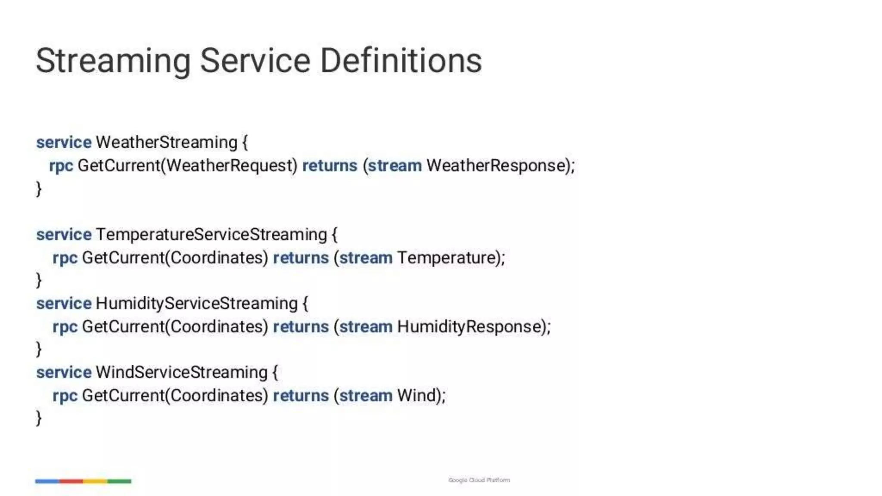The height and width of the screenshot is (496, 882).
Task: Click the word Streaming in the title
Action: pos(113,61)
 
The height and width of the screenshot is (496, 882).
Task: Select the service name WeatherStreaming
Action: pos(166,143)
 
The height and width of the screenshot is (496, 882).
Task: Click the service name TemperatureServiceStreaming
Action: pos(211,235)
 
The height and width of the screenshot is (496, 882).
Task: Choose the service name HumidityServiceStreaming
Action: pos(196,304)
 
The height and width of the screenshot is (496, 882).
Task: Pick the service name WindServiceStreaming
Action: pos(181,372)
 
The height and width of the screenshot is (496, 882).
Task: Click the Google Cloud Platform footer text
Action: pos(479,480)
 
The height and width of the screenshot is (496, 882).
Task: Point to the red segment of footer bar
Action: pos(71,481)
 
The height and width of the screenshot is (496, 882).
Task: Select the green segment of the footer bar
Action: pos(119,481)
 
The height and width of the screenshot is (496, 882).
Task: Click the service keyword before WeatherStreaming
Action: pos(64,143)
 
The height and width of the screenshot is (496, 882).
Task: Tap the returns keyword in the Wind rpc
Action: pos(301,396)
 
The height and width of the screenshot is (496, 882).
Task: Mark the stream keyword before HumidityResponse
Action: pos(366,327)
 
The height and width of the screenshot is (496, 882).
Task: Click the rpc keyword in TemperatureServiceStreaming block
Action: pos(65,258)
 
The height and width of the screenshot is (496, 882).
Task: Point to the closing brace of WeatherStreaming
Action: pos(39,189)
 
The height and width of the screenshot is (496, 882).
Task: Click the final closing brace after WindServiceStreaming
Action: pos(39,418)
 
